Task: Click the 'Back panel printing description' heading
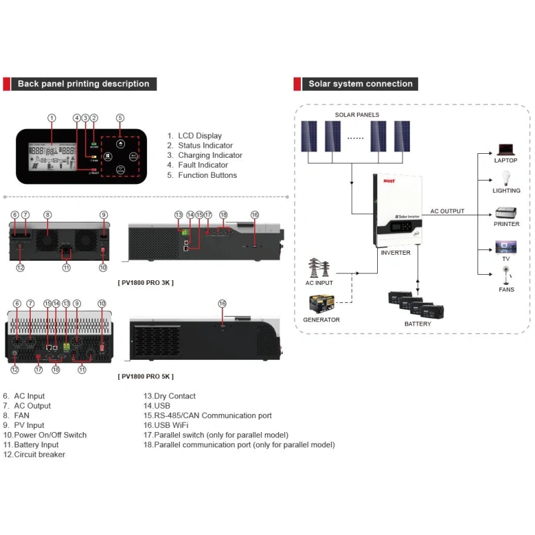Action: pos(84,84)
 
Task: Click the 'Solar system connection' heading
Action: pos(360,84)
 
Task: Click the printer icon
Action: pos(506,214)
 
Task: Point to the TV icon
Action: pos(506,247)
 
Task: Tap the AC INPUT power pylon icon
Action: pos(319,268)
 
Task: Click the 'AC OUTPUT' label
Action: pos(447,211)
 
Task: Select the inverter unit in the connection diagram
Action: pos(395,209)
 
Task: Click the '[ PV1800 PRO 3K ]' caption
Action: pos(146,282)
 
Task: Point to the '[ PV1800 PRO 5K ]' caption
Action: pos(146,377)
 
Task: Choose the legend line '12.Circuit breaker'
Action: pos(34,455)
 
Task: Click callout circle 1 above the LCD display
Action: pos(51,118)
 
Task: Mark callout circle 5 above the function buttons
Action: pos(120,118)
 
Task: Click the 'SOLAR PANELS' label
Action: pos(357,115)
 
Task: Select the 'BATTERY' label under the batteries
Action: pos(417,324)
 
